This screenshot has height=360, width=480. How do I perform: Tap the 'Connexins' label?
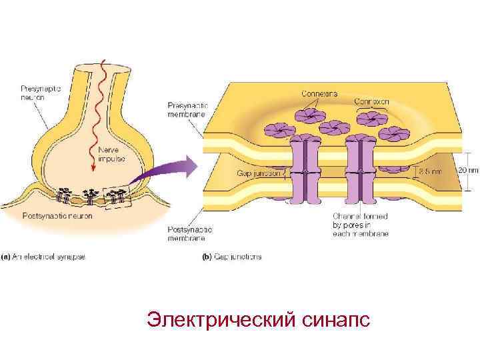tap(319, 94)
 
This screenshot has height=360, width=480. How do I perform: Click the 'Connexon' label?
tap(371, 102)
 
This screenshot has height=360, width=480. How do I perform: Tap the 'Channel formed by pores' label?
tap(361, 224)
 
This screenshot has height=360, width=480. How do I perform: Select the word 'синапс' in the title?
tap(331, 320)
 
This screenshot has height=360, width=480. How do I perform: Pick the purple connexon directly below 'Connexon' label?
tap(371, 119)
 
